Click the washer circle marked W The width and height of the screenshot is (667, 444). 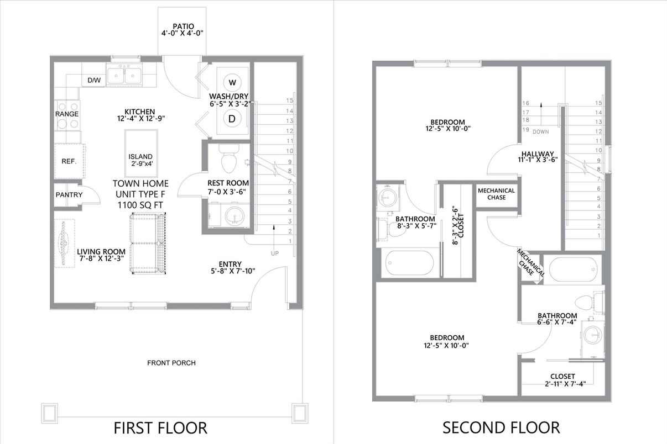pos(232,82)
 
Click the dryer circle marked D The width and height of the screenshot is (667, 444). pos(232,118)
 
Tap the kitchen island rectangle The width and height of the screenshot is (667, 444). pos(141,153)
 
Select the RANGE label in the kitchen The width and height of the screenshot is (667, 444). pos(67,114)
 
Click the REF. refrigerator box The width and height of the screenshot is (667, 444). pos(69,162)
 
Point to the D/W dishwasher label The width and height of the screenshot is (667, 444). pos(95,81)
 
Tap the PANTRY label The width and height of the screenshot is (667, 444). pos(69,194)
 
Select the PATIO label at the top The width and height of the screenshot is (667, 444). pos(183,26)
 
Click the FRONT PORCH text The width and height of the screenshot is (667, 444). pos(171,363)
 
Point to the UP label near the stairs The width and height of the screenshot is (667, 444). pos(275,253)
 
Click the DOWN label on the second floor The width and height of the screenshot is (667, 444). pos(540,131)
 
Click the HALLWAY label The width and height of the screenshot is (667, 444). pos(537,154)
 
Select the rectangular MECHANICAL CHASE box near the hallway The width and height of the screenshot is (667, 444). pos(496,194)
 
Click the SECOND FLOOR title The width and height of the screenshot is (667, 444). pos(501,427)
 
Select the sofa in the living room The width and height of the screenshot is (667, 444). pos(147,243)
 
